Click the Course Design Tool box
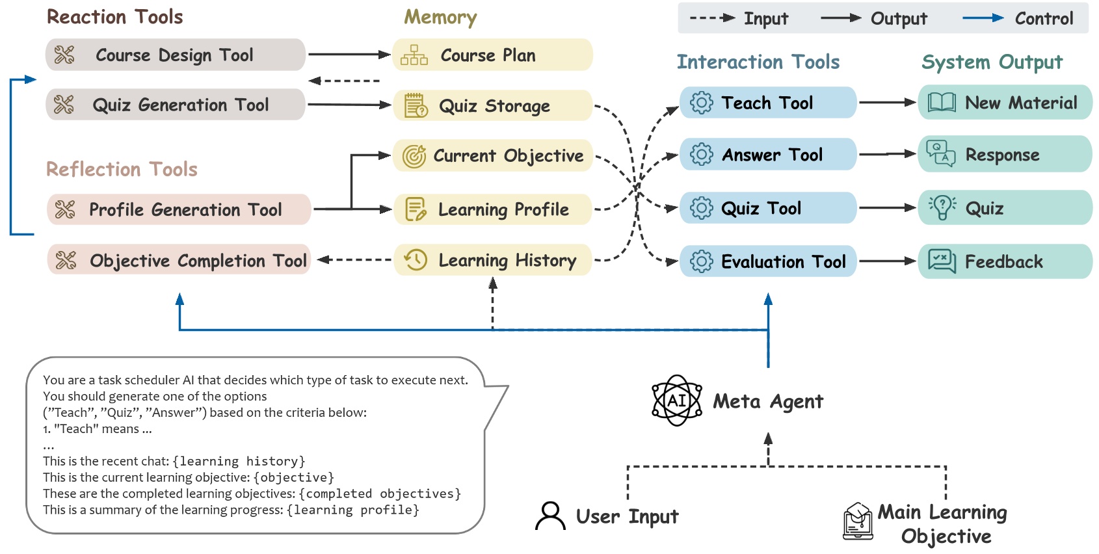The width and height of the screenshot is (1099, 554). point(175,55)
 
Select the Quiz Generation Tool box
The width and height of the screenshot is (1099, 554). point(175,105)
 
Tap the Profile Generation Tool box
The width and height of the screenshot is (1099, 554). point(178,209)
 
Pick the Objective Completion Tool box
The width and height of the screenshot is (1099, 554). point(178,260)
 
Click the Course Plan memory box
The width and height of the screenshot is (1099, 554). point(492,55)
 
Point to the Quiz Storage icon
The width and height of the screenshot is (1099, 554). point(416,105)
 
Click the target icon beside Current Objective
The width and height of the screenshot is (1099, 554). point(414,156)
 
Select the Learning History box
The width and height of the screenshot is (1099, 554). point(492,260)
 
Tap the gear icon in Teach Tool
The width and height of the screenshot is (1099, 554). point(701,103)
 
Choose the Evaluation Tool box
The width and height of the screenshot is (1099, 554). point(767,261)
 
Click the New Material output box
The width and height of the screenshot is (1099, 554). point(1005,103)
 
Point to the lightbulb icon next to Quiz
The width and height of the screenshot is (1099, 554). point(942,208)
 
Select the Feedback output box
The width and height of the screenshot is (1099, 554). point(1005,261)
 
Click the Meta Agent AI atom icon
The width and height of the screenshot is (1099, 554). point(677,401)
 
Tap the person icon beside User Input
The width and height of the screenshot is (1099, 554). point(550,516)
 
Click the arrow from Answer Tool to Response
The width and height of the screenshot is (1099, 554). point(887,154)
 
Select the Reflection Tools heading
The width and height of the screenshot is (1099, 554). point(122,169)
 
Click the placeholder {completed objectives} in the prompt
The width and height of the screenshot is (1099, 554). point(380,494)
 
